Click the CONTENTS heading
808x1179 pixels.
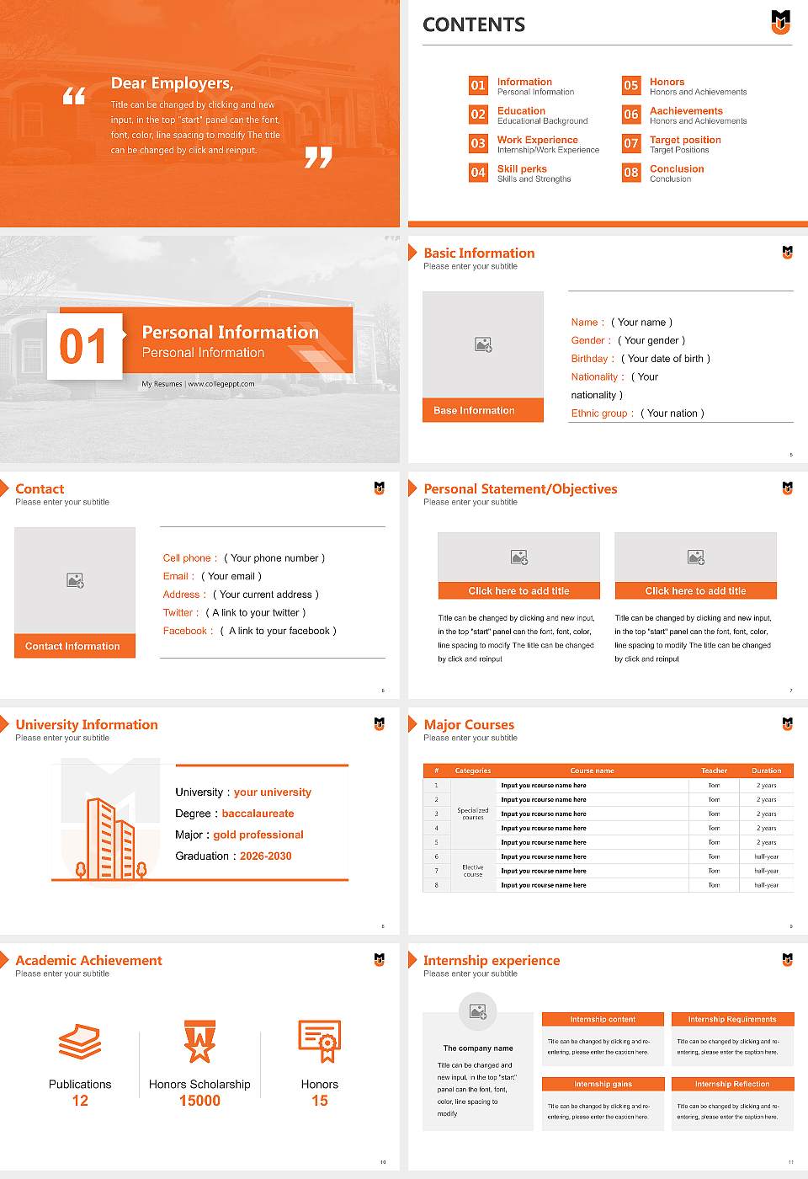tap(474, 25)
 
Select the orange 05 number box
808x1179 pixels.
tap(631, 85)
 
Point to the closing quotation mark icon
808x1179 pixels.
tap(318, 157)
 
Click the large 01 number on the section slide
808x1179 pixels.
tap(84, 346)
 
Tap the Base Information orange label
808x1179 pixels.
tap(482, 410)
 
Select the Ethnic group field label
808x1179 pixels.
tap(602, 413)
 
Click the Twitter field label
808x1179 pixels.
tap(180, 613)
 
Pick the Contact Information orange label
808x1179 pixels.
tap(74, 646)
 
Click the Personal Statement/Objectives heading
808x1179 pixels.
tap(520, 489)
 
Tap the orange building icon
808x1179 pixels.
tap(110, 839)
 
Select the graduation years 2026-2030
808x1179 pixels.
tap(265, 856)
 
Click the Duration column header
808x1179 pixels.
tap(766, 771)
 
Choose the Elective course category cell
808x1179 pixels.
tap(473, 871)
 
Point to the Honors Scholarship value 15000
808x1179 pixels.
tap(199, 1101)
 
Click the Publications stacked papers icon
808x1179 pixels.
tap(80, 1042)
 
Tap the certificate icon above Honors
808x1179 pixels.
tap(320, 1041)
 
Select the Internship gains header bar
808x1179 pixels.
tap(603, 1084)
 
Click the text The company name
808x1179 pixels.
tap(478, 1048)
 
